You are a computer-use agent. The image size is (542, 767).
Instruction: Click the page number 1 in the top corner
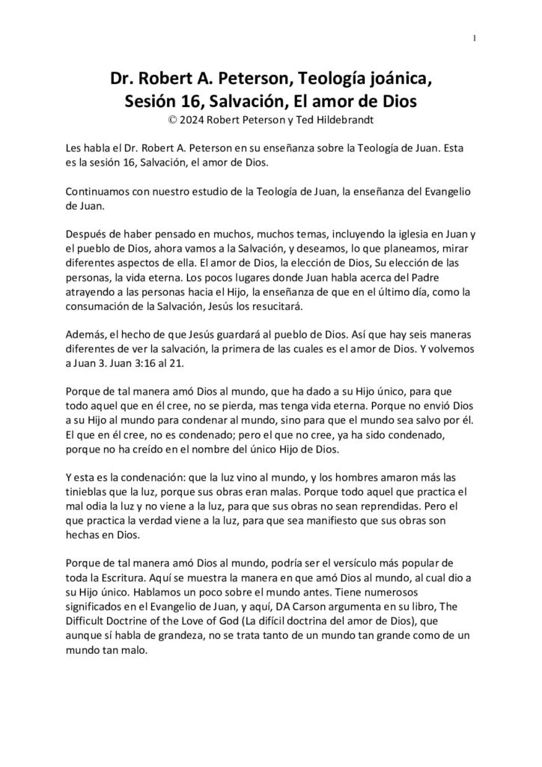(475, 39)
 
